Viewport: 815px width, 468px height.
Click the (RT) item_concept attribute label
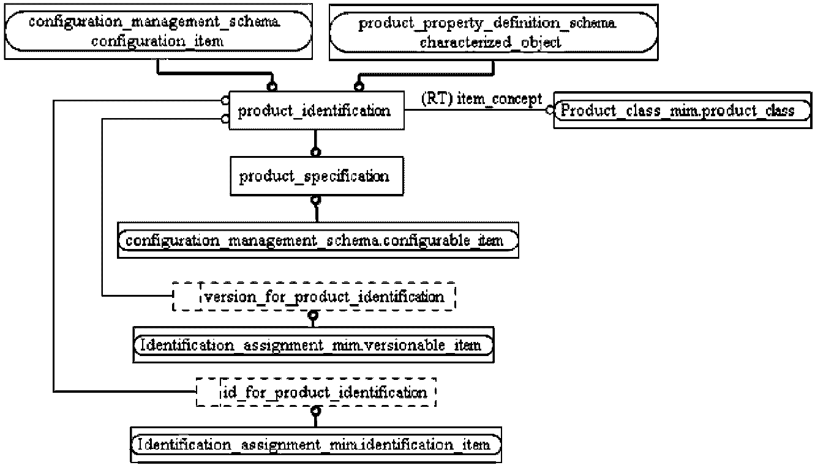click(481, 99)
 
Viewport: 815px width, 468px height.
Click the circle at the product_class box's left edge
click(550, 110)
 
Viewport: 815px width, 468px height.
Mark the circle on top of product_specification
click(315, 152)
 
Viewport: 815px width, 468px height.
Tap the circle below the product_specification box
click(316, 199)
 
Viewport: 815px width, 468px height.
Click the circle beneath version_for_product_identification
click(313, 315)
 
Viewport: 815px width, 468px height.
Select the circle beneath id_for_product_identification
click(316, 411)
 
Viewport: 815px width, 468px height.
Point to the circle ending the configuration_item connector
click(272, 86)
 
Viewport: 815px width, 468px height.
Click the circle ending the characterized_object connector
click(359, 86)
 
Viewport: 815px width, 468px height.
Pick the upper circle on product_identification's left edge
click(225, 100)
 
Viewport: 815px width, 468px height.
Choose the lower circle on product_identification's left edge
click(225, 119)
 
